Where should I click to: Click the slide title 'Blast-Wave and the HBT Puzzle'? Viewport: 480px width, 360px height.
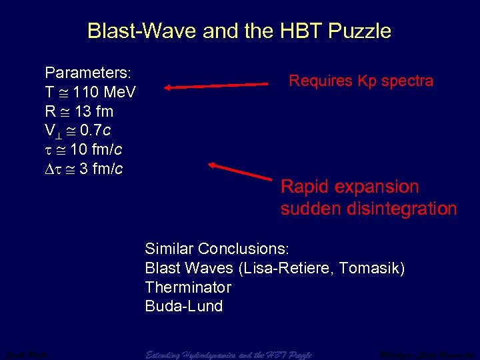coord(239,31)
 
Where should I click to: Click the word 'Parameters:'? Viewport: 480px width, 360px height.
coord(87,71)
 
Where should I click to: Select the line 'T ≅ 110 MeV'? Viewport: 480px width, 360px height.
coord(90,91)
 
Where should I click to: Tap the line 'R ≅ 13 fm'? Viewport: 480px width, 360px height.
coord(79,111)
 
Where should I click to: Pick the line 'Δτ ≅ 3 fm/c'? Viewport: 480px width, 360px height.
coord(83,169)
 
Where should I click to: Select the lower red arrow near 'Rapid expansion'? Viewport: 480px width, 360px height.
coord(241,171)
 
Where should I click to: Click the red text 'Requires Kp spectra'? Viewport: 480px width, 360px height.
coord(361,81)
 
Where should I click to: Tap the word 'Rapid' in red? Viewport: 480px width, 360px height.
coord(305,187)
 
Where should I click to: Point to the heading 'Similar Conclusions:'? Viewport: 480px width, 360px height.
coord(217,249)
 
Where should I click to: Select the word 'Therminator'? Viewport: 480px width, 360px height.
coord(188,288)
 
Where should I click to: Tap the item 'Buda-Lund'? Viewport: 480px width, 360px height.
coord(183,307)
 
